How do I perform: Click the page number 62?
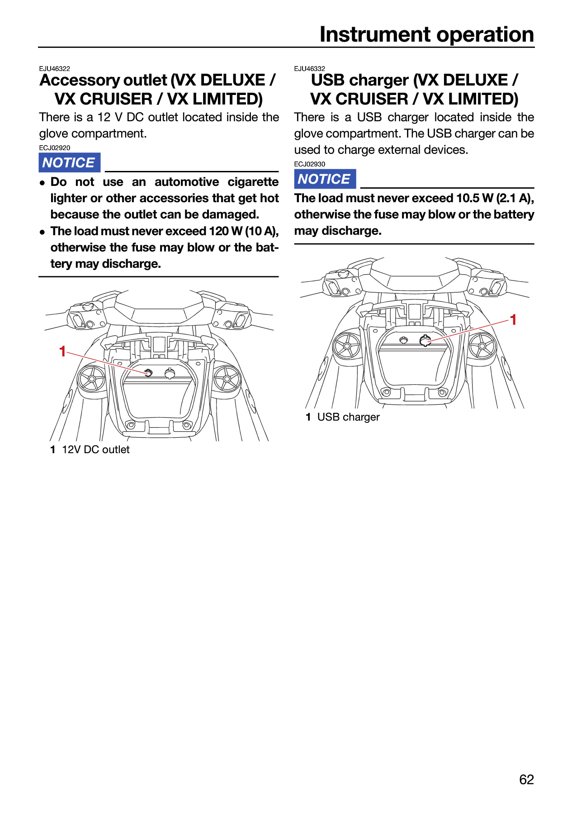coord(526,779)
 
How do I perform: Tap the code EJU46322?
coord(54,69)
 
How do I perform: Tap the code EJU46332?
coord(309,69)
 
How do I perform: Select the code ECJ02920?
coord(54,148)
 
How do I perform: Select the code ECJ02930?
coord(309,164)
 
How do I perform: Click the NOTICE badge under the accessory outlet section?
coord(69,162)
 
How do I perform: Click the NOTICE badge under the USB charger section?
coord(325,179)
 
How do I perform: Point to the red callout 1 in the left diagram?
coord(62,351)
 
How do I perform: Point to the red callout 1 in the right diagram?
coord(513,320)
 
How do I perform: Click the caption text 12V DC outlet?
coord(95,450)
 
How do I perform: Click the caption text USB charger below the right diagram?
coord(348,417)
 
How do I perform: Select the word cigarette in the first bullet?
coord(253,182)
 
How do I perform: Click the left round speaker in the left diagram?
coord(92,378)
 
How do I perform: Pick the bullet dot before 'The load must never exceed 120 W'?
coord(43,232)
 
